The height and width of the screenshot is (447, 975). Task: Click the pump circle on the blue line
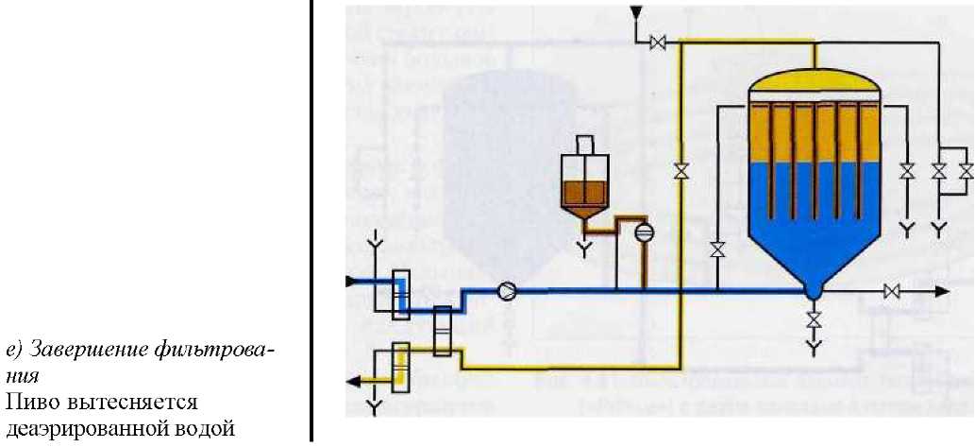507,291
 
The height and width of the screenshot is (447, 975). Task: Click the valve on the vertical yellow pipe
680,172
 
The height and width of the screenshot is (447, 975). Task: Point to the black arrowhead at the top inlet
636,11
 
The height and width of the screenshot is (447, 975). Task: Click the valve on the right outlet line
890,292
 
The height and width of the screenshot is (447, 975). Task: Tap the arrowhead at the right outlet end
941,292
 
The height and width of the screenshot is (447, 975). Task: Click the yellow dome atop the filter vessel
814,82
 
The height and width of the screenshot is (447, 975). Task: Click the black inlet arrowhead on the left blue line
352,280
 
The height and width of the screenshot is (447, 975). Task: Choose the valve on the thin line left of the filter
717,249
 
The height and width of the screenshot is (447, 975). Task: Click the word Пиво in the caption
28,404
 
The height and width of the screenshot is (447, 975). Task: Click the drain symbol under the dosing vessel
584,249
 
